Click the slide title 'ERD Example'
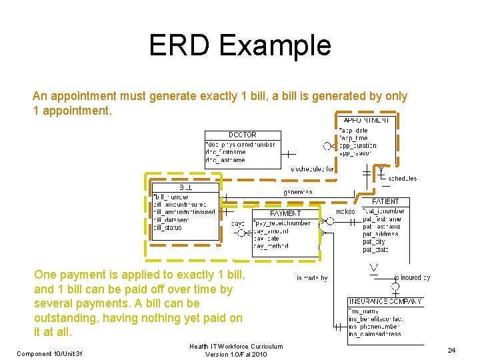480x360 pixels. tap(240, 45)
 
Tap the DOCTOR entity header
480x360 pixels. tap(243, 135)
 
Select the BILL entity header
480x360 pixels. tap(185, 188)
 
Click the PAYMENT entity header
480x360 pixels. tap(285, 213)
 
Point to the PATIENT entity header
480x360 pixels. tap(385, 201)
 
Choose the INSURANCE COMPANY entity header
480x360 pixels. tap(385, 301)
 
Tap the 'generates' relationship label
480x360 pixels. tap(297, 192)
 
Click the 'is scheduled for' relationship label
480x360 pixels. tap(312, 169)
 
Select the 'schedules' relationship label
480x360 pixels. tap(402, 179)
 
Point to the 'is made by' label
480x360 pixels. tap(312, 278)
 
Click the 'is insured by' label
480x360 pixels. tap(412, 278)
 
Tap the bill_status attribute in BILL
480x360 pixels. tap(168, 227)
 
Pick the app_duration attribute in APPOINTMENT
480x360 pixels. tap(359, 145)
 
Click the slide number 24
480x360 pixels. tap(451, 350)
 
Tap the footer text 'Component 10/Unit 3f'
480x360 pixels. tap(49, 353)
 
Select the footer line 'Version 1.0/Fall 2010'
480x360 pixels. tap(236, 354)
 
